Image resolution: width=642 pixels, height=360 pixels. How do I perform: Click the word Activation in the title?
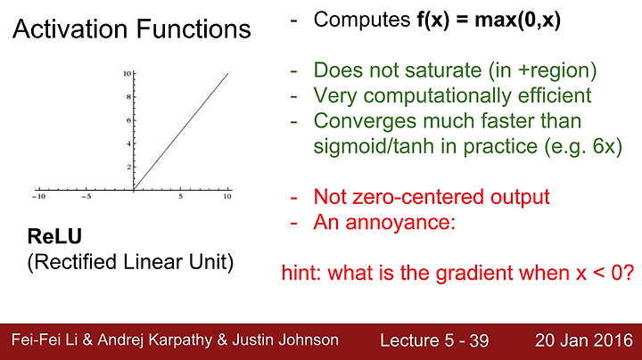70,29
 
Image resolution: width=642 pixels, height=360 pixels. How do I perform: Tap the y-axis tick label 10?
127,74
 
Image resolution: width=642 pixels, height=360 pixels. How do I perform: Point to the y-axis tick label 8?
128,97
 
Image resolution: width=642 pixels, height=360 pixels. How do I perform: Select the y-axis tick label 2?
129,167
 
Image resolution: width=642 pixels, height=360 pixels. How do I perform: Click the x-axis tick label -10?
39,196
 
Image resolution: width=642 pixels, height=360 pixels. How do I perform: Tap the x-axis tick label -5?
86,196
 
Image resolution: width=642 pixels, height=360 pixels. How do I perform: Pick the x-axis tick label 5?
180,196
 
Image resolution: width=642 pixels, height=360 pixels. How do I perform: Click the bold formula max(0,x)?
517,20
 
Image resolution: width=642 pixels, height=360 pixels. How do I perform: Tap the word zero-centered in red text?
418,197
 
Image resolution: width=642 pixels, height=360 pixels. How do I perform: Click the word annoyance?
400,223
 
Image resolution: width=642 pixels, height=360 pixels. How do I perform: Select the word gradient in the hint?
474,273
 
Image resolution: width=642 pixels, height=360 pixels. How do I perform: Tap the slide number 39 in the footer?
479,340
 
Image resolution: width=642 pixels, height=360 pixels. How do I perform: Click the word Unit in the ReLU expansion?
210,262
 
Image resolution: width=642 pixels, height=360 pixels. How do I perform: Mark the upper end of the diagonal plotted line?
228,73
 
